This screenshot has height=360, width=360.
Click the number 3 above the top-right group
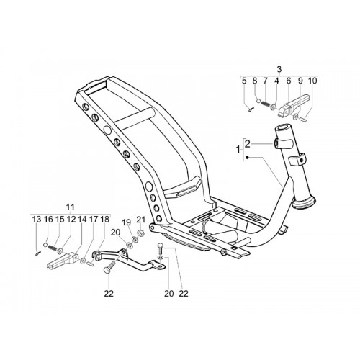279,69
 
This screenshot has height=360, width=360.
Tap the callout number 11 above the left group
70,207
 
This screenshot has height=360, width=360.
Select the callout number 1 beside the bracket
238,150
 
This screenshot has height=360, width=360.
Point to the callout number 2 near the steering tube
248,144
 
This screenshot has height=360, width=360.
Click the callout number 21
141,220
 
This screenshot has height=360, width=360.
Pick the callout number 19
127,222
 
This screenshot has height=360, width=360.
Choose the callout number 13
37,220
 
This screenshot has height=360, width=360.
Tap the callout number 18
104,220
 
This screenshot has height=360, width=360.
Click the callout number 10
312,81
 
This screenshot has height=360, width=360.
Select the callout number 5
244,81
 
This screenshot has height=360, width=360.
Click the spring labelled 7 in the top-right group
265,104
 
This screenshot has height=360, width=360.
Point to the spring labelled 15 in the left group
53,248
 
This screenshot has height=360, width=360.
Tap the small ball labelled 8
258,102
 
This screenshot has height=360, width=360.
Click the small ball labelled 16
46,245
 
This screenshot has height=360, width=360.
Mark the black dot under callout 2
248,158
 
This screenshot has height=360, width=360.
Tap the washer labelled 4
273,107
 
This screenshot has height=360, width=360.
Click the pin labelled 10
304,119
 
